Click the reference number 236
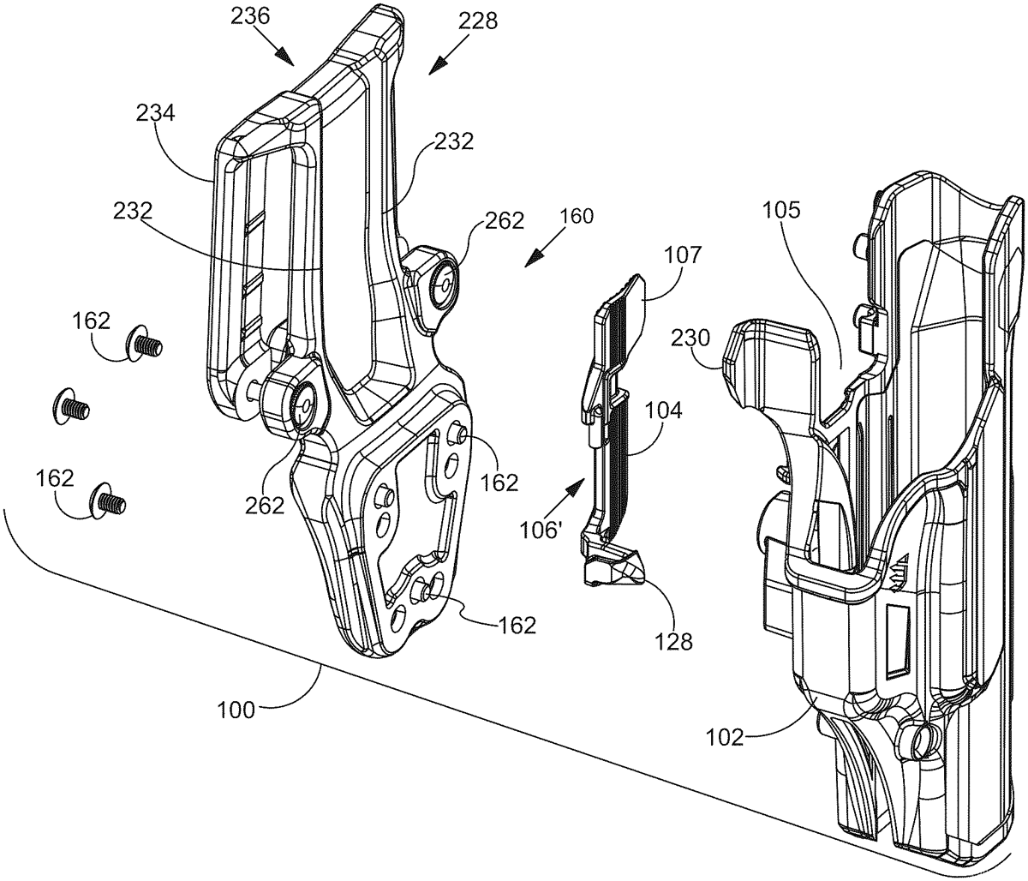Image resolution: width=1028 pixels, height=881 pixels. [x=250, y=17]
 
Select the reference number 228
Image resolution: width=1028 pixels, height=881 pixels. [x=478, y=21]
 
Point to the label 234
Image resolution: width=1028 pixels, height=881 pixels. [x=156, y=114]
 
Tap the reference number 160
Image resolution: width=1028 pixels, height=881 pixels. [x=577, y=217]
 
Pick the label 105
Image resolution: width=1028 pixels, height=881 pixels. [x=782, y=211]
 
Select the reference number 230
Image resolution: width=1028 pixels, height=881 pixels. [x=690, y=339]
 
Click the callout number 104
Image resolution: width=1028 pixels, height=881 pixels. [x=664, y=411]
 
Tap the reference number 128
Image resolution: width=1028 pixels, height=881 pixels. [x=674, y=643]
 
